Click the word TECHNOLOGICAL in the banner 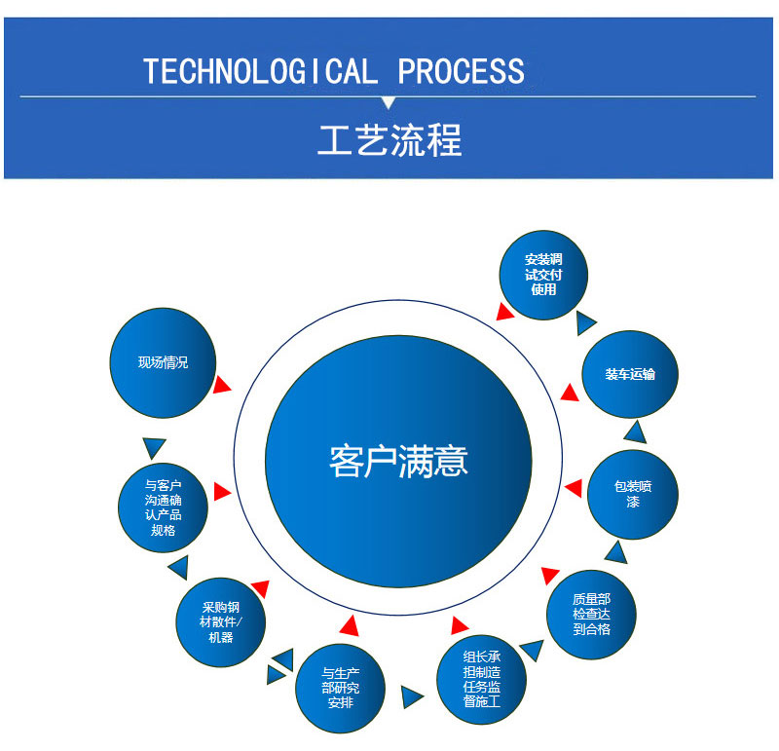[x=260, y=71]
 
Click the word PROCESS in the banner [x=461, y=71]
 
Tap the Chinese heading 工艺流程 [x=390, y=140]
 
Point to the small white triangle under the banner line [x=388, y=102]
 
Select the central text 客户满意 [x=398, y=462]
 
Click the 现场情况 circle [x=163, y=362]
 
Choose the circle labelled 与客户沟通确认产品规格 [x=163, y=507]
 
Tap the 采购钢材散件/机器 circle [x=221, y=622]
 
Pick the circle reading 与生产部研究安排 [x=340, y=689]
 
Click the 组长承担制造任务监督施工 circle [x=481, y=680]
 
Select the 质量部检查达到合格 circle [x=591, y=615]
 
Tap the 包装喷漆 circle [x=633, y=495]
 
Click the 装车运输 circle [x=630, y=374]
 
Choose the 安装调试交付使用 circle [x=543, y=275]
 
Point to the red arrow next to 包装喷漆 [x=575, y=488]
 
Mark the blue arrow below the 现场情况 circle [x=154, y=447]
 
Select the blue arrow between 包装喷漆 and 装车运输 [x=636, y=432]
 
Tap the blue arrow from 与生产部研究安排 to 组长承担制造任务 [x=412, y=696]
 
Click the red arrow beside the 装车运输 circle [x=570, y=393]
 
